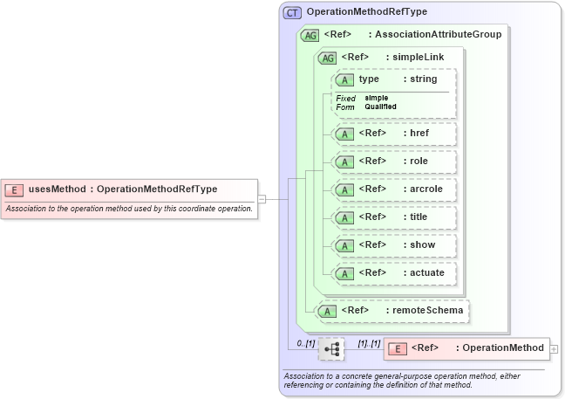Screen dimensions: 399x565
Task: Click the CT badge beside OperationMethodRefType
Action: point(292,13)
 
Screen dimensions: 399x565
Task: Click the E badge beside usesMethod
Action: point(15,189)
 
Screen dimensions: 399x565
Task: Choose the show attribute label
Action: point(423,244)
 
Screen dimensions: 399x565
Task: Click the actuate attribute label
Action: point(427,272)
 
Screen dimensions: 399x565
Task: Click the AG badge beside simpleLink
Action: point(328,58)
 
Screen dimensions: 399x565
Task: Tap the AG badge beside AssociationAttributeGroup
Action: point(309,36)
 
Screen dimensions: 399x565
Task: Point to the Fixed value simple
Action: point(377,98)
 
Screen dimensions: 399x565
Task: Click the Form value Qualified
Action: point(380,107)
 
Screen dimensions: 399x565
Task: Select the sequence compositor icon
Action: point(331,348)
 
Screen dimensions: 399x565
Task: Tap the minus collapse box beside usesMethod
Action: point(262,199)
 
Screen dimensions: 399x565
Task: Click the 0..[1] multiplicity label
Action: point(304,342)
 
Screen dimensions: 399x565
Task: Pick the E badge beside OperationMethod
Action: point(398,348)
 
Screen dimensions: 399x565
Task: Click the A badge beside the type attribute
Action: point(344,79)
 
